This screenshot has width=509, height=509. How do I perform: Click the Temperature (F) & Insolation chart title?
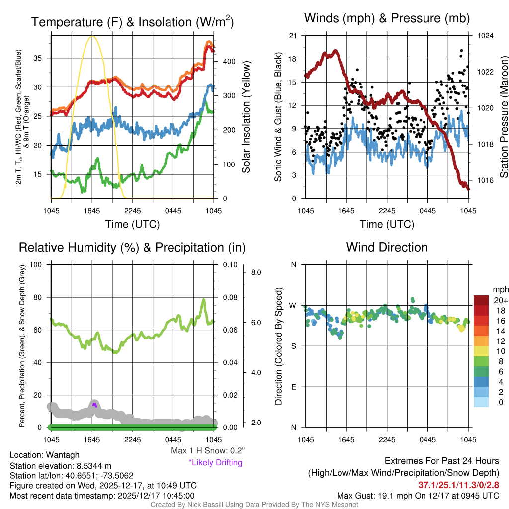coord(133,22)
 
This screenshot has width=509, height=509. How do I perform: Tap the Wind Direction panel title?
coord(387,247)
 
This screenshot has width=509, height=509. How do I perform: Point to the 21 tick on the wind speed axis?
coord(293,36)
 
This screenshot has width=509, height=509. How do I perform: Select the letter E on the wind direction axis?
coord(293,387)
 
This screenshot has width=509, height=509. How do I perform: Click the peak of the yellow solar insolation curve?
coord(91,36)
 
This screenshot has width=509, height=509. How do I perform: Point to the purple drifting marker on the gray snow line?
coord(94,405)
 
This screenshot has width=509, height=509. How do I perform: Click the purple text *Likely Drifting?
coord(215,462)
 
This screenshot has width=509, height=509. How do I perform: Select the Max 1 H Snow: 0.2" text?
coord(207,451)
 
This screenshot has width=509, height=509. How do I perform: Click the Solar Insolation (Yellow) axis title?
coord(246,117)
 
